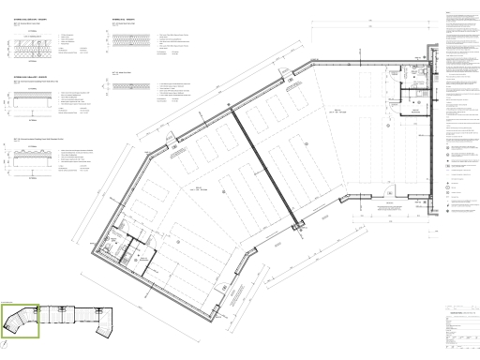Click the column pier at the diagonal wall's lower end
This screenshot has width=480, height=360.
tap(299, 224)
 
